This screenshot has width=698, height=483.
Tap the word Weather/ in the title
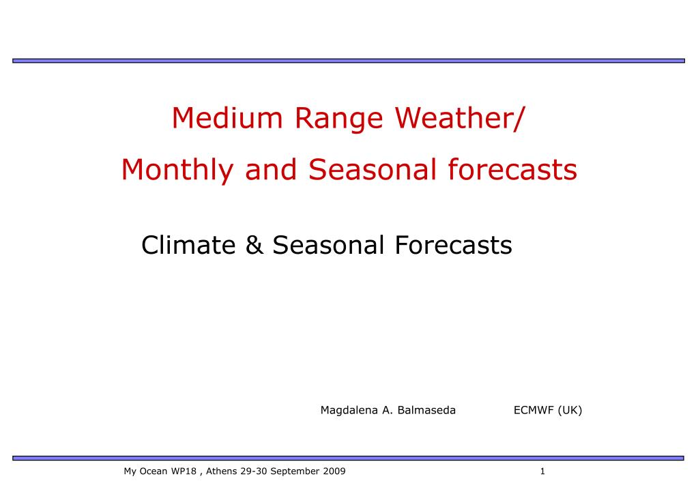(461, 118)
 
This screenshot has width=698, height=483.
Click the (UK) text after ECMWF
(570, 410)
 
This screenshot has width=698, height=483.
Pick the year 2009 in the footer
(334, 471)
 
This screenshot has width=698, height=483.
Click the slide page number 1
(542, 471)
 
